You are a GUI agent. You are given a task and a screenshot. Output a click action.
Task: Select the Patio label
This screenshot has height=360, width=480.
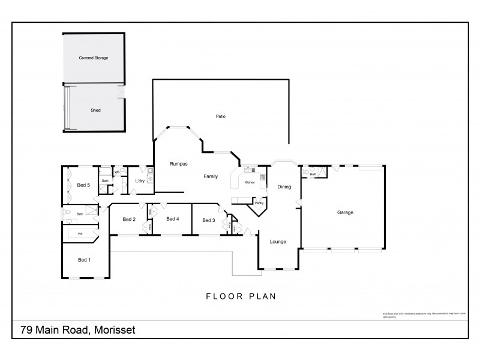tap(220, 116)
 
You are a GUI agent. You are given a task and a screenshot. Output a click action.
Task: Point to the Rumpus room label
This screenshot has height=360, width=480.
tap(179, 163)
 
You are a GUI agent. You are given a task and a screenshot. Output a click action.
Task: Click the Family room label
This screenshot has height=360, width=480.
tap(210, 176)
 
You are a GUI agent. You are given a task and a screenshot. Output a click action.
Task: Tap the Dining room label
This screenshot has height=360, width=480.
tap(284, 187)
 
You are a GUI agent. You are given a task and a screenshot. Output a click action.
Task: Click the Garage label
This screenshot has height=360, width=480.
tap(344, 212)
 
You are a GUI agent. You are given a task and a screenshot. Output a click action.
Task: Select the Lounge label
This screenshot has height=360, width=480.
tap(278, 241)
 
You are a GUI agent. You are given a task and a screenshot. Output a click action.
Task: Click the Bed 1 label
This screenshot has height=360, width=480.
tap(85, 260)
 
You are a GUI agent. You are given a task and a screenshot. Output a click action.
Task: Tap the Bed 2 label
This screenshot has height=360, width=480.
tap(129, 220)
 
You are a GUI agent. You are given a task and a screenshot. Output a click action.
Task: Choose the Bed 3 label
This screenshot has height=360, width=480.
tap(208, 220)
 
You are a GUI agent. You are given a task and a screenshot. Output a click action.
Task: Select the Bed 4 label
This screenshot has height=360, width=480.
tap(173, 219)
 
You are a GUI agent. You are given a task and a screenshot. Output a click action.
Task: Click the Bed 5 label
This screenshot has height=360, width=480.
tap(83, 185)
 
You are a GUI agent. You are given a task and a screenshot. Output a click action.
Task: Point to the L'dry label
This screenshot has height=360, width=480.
tap(140, 181)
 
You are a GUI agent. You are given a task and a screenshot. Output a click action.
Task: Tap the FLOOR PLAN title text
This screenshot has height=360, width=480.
tap(240, 296)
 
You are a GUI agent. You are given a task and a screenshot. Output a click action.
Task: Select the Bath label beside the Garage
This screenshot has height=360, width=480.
tap(313, 175)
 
